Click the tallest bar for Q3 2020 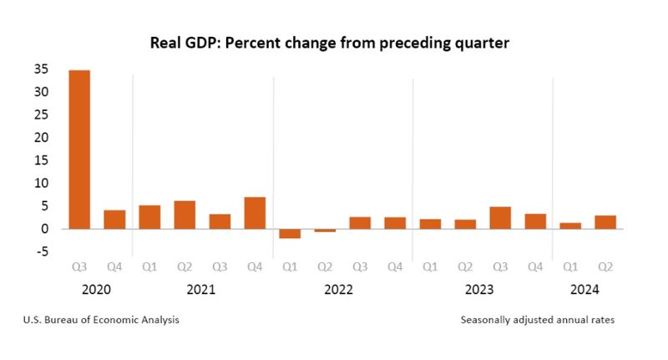[x=79, y=150]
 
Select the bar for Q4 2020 [x=114, y=219]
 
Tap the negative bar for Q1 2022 [x=290, y=233]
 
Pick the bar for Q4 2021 [x=255, y=212]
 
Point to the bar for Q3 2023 [x=500, y=217]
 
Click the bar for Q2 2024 [x=605, y=221]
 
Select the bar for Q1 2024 [x=570, y=226]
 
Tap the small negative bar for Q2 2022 [x=325, y=230]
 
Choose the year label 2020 [x=97, y=290]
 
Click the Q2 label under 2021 [x=185, y=268]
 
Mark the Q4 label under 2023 [x=535, y=268]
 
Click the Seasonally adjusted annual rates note [x=537, y=320]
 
